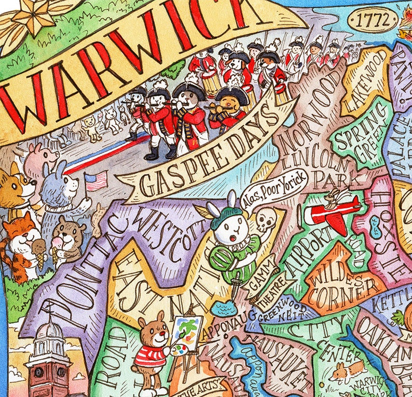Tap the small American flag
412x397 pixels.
pyautogui.click(x=95, y=181)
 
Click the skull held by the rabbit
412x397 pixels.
pyautogui.click(x=265, y=222)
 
